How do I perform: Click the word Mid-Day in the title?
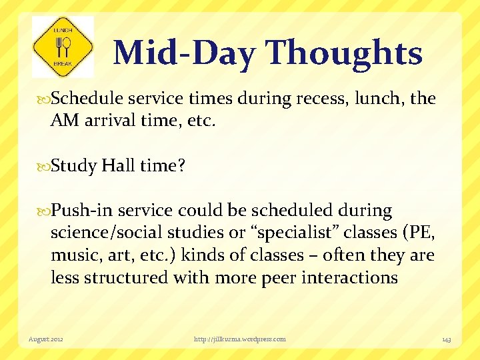pos(183,53)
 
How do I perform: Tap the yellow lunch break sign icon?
pos(63,47)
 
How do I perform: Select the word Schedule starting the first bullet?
pos(86,99)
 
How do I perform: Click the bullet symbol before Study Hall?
pos(45,166)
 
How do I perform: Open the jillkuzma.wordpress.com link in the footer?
pos(240,339)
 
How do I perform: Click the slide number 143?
pos(446,339)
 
